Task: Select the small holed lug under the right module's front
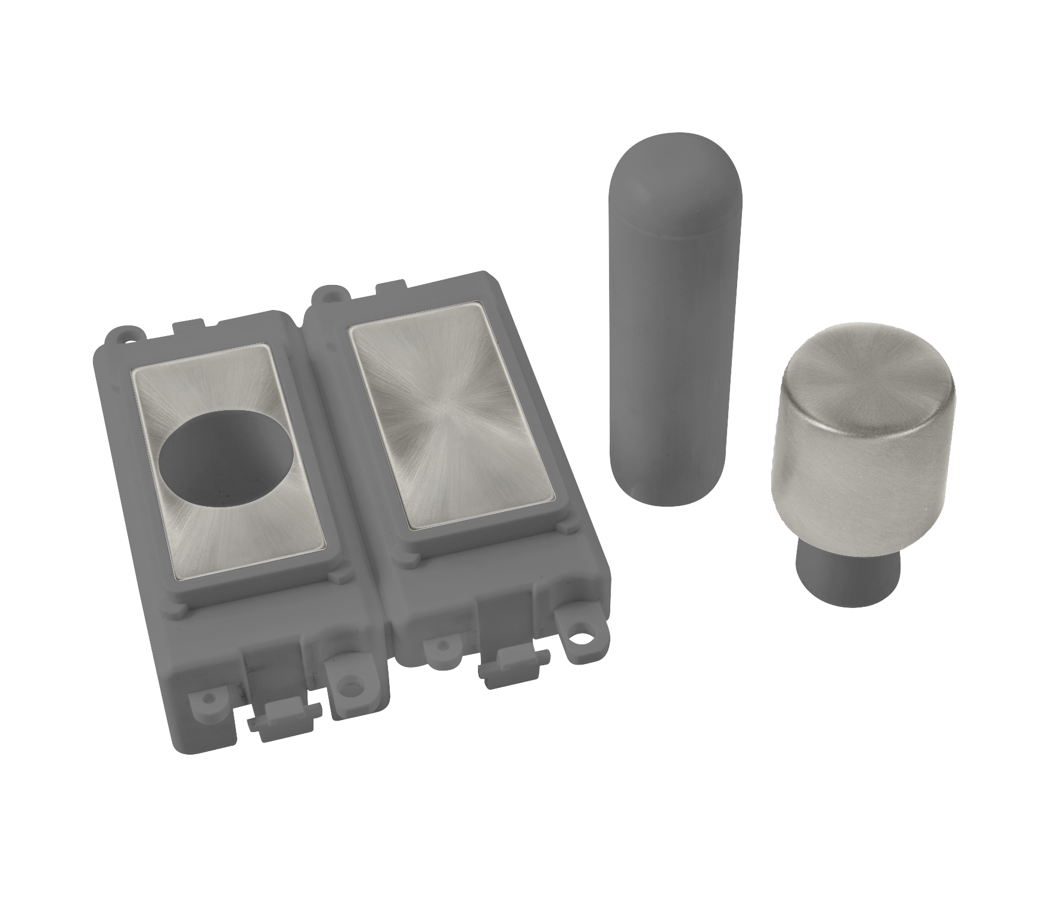point(442,644)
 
